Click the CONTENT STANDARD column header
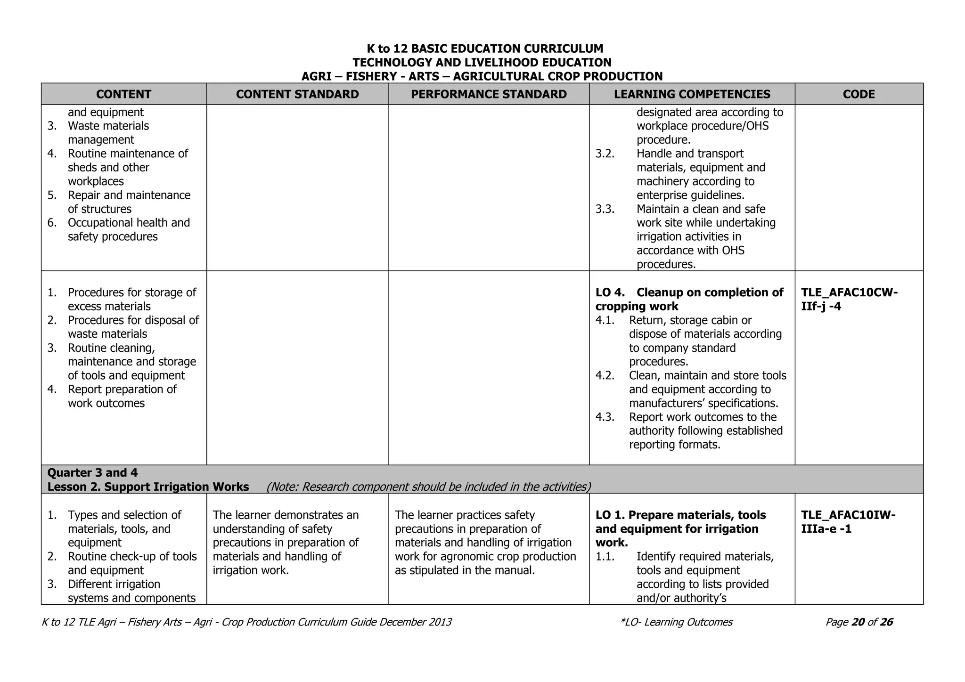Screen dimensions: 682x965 coord(297,94)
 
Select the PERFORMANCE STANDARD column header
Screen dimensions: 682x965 coord(489,94)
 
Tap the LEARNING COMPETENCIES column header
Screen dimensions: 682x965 coord(692,94)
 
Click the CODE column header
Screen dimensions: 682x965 coord(859,94)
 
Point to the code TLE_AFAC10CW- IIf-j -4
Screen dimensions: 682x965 coord(849,300)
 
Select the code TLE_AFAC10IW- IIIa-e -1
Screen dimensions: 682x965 coord(848,522)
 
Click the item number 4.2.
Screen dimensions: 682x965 coord(605,376)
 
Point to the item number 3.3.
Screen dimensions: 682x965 coord(605,209)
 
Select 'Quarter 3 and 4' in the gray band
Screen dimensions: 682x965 coord(92,472)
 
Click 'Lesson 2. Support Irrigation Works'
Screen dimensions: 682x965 coord(148,487)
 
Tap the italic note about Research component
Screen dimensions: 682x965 coord(428,487)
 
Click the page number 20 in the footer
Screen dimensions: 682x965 coord(858,622)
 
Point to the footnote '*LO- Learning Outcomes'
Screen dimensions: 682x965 coord(677,622)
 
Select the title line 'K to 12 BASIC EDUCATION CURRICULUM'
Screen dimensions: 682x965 coord(484,49)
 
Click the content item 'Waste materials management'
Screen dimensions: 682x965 coord(108,133)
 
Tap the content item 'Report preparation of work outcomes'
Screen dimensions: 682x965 coord(122,396)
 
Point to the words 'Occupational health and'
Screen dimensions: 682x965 coord(129,223)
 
